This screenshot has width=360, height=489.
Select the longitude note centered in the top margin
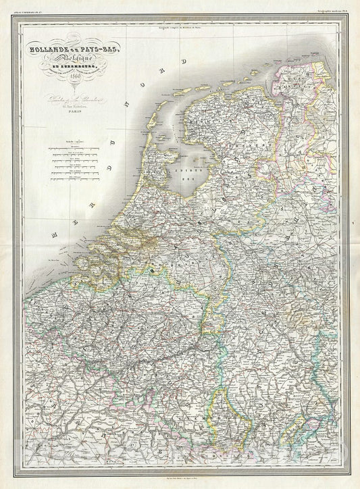point(180,26)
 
